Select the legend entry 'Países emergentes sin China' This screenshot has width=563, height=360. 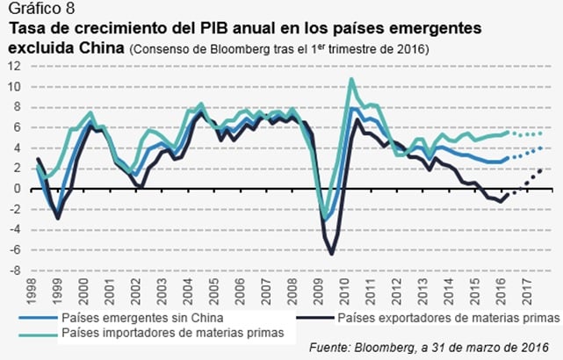point(130,317)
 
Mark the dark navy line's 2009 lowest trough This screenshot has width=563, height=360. point(332,254)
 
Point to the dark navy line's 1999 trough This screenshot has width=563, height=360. point(59,218)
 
